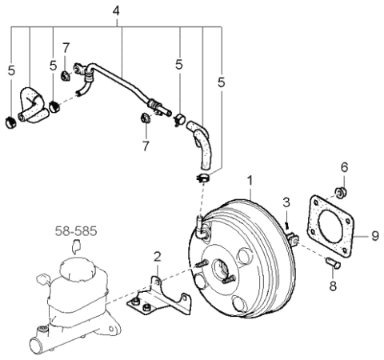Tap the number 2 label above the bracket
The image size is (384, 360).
pos(158,256)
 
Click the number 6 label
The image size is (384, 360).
pos(345,168)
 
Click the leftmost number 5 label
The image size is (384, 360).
pos(11,70)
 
